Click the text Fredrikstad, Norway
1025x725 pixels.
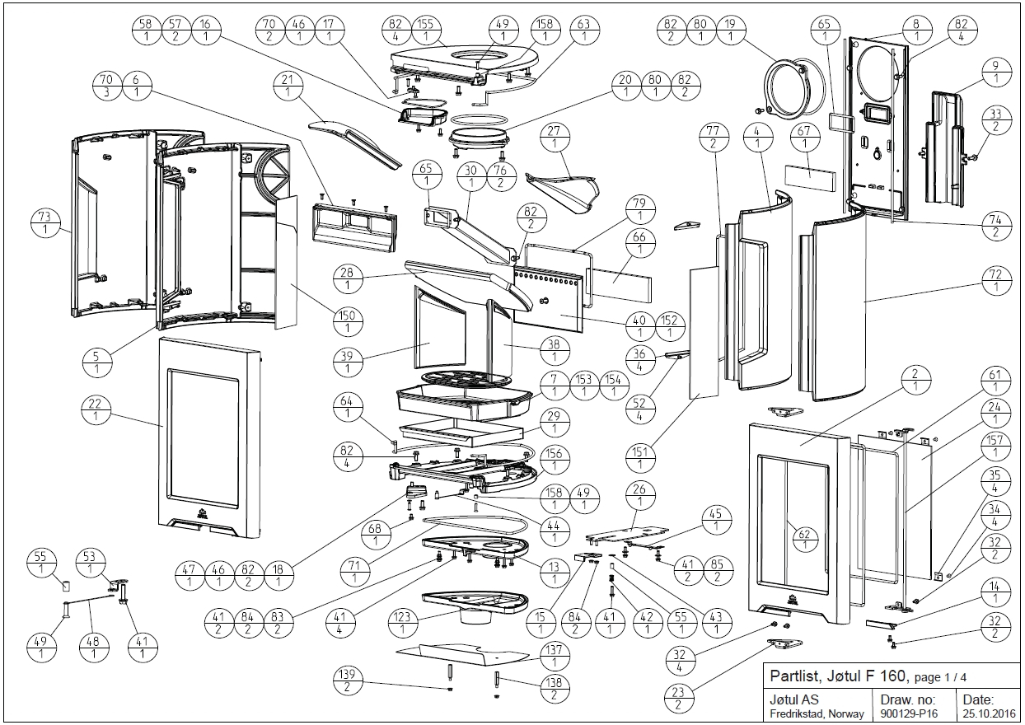817,713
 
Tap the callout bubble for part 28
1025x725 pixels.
347,277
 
